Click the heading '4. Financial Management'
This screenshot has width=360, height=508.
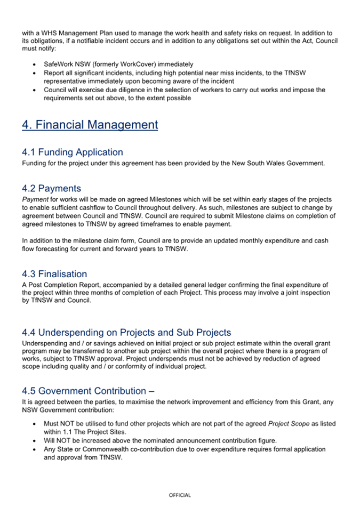(x=90, y=125)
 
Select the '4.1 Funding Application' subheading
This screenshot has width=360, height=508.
(x=73, y=152)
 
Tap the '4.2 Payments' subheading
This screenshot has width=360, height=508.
(x=51, y=188)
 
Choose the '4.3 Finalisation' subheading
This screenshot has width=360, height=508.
(x=54, y=274)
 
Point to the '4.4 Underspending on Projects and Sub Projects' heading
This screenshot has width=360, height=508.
(x=126, y=333)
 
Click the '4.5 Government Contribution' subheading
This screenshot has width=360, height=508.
(x=88, y=391)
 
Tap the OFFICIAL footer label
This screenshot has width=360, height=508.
(x=180, y=495)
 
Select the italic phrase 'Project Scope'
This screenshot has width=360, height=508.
(x=287, y=424)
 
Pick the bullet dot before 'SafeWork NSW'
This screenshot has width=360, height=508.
(x=35, y=64)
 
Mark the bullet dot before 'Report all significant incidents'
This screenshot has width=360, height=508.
(x=35, y=73)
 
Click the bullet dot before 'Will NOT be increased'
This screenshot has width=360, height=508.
(x=35, y=441)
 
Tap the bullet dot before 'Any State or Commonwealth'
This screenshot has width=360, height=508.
(x=35, y=449)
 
